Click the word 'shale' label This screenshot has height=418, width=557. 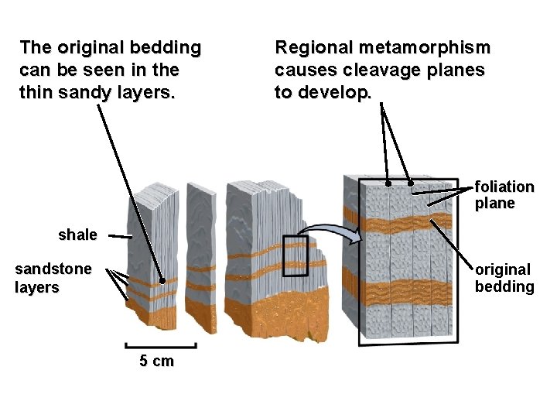77,235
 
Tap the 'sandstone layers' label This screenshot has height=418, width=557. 53,278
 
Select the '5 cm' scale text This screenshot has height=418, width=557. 156,361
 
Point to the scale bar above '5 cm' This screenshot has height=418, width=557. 160,347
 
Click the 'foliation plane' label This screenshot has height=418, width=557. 504,195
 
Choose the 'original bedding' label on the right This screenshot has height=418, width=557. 504,278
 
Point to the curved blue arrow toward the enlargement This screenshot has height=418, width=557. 329,231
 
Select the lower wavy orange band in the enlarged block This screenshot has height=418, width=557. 402,293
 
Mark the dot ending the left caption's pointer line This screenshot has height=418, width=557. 162,282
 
